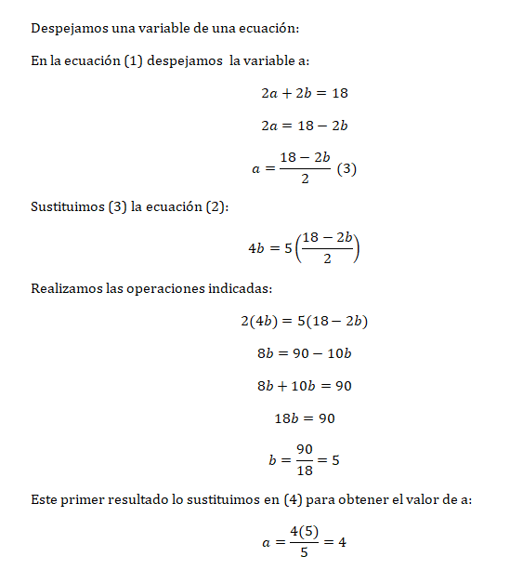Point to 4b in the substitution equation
pyautogui.click(x=257, y=248)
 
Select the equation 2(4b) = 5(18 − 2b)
pyautogui.click(x=304, y=321)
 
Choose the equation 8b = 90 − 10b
pyautogui.click(x=304, y=353)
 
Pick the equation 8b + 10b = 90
pyautogui.click(x=305, y=386)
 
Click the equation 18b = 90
pyautogui.click(x=305, y=418)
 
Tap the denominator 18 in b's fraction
pyautogui.click(x=305, y=470)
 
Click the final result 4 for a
pyautogui.click(x=342, y=541)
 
